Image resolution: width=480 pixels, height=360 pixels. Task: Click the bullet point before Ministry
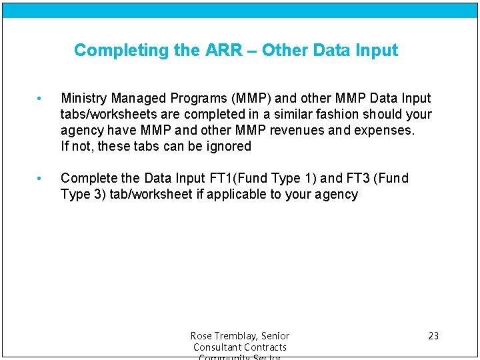[40, 99]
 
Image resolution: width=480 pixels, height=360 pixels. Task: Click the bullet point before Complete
[40, 179]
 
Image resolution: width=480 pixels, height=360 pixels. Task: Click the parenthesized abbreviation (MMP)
[249, 99]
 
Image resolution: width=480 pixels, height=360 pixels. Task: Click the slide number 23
[433, 336]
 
